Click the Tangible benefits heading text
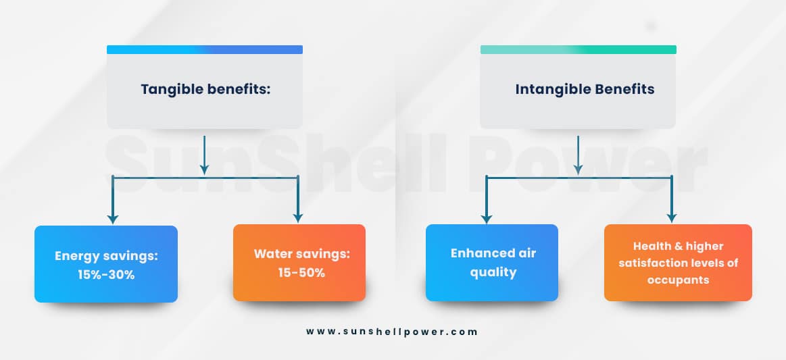(205, 90)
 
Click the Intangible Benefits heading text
(585, 89)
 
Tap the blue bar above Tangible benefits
(205, 49)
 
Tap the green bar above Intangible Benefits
(579, 49)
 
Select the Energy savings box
(106, 264)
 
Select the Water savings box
(299, 263)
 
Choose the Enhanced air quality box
(492, 263)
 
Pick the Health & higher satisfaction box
(678, 263)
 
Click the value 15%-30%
(106, 274)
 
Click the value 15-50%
(302, 273)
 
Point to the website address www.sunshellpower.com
(392, 332)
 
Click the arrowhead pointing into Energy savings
(113, 220)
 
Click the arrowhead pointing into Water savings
(298, 218)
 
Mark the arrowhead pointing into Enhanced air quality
(486, 218)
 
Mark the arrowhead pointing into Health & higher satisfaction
(672, 218)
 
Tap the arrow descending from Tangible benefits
(204, 155)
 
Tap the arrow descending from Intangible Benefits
(579, 155)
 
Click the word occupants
(678, 280)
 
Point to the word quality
(493, 273)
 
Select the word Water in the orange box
(272, 253)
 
